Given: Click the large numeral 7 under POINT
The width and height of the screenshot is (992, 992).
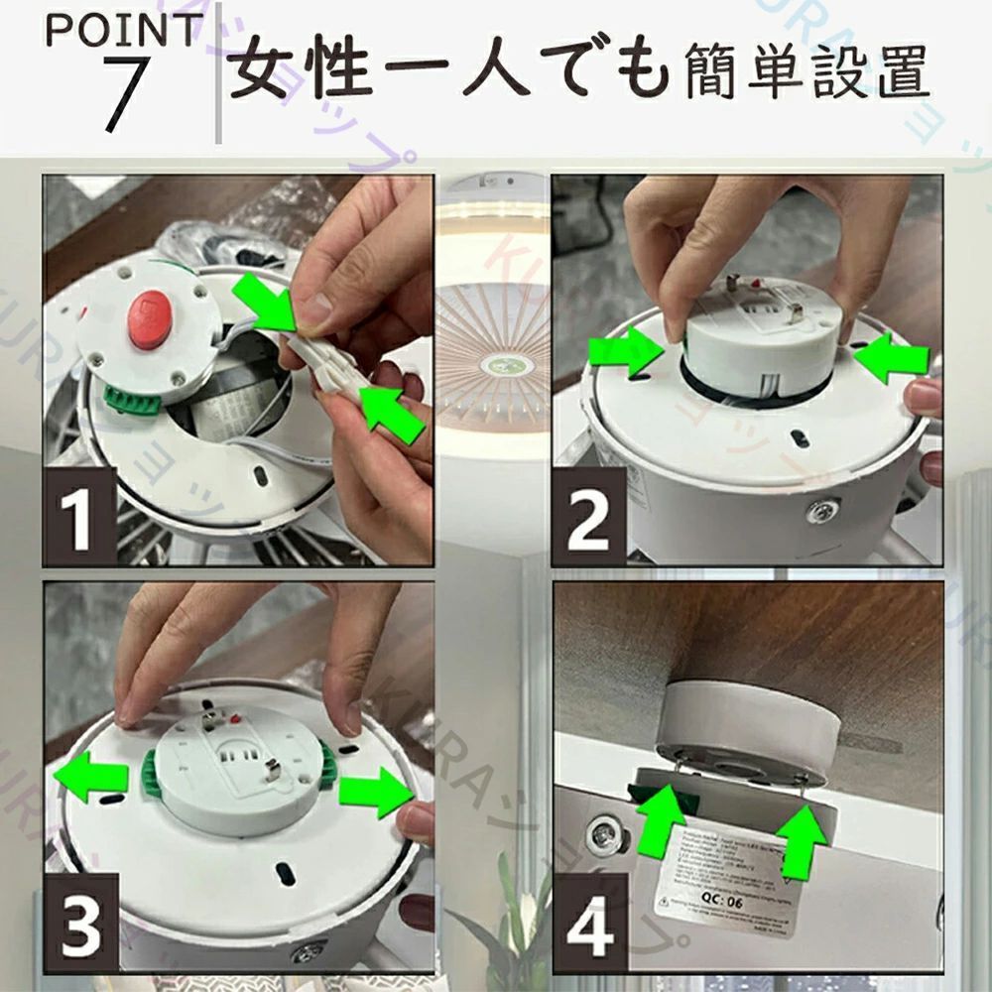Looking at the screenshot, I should (x=127, y=93).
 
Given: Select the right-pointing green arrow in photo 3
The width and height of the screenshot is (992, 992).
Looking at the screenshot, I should (x=375, y=792).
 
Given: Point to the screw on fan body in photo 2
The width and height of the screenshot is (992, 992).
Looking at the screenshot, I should (x=822, y=513).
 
